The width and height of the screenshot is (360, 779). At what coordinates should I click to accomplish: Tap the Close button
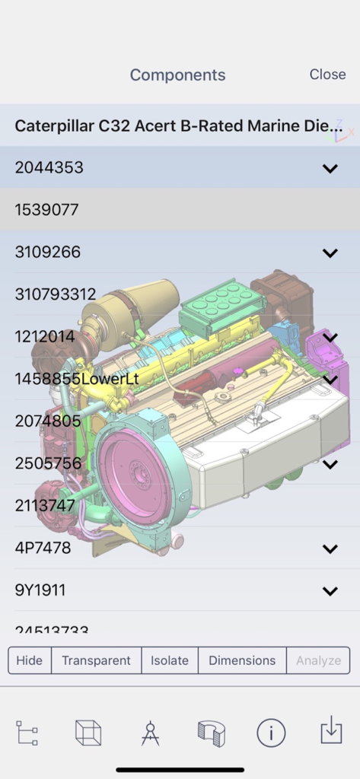point(327,74)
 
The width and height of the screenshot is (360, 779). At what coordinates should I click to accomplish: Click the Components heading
point(177,75)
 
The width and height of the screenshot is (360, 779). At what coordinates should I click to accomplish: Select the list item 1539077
point(47,210)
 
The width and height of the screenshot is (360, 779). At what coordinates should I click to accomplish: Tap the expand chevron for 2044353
point(330,168)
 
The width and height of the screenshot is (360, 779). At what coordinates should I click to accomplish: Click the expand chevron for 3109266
point(330,253)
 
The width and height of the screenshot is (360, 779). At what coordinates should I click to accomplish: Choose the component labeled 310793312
point(56,294)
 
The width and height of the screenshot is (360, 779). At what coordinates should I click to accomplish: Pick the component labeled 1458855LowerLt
point(77,379)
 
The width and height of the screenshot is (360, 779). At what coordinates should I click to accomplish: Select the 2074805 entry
point(48,421)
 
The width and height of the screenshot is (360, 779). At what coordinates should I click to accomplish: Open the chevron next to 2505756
point(330,463)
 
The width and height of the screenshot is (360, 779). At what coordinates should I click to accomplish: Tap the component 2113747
point(45,505)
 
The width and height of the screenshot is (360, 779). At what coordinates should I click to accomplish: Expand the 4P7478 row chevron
point(330,548)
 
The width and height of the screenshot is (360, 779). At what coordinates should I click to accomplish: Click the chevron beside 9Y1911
point(330,590)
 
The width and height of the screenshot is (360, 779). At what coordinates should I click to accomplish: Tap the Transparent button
point(96,660)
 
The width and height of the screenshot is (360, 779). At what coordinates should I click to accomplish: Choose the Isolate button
point(169,660)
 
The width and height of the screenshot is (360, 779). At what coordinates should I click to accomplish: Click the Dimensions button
point(242,660)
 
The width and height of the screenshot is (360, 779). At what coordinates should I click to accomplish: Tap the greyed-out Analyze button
point(318,660)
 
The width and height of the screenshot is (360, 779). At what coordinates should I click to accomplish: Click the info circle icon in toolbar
point(271,733)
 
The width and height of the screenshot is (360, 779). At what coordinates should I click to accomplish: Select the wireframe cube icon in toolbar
point(88,733)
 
